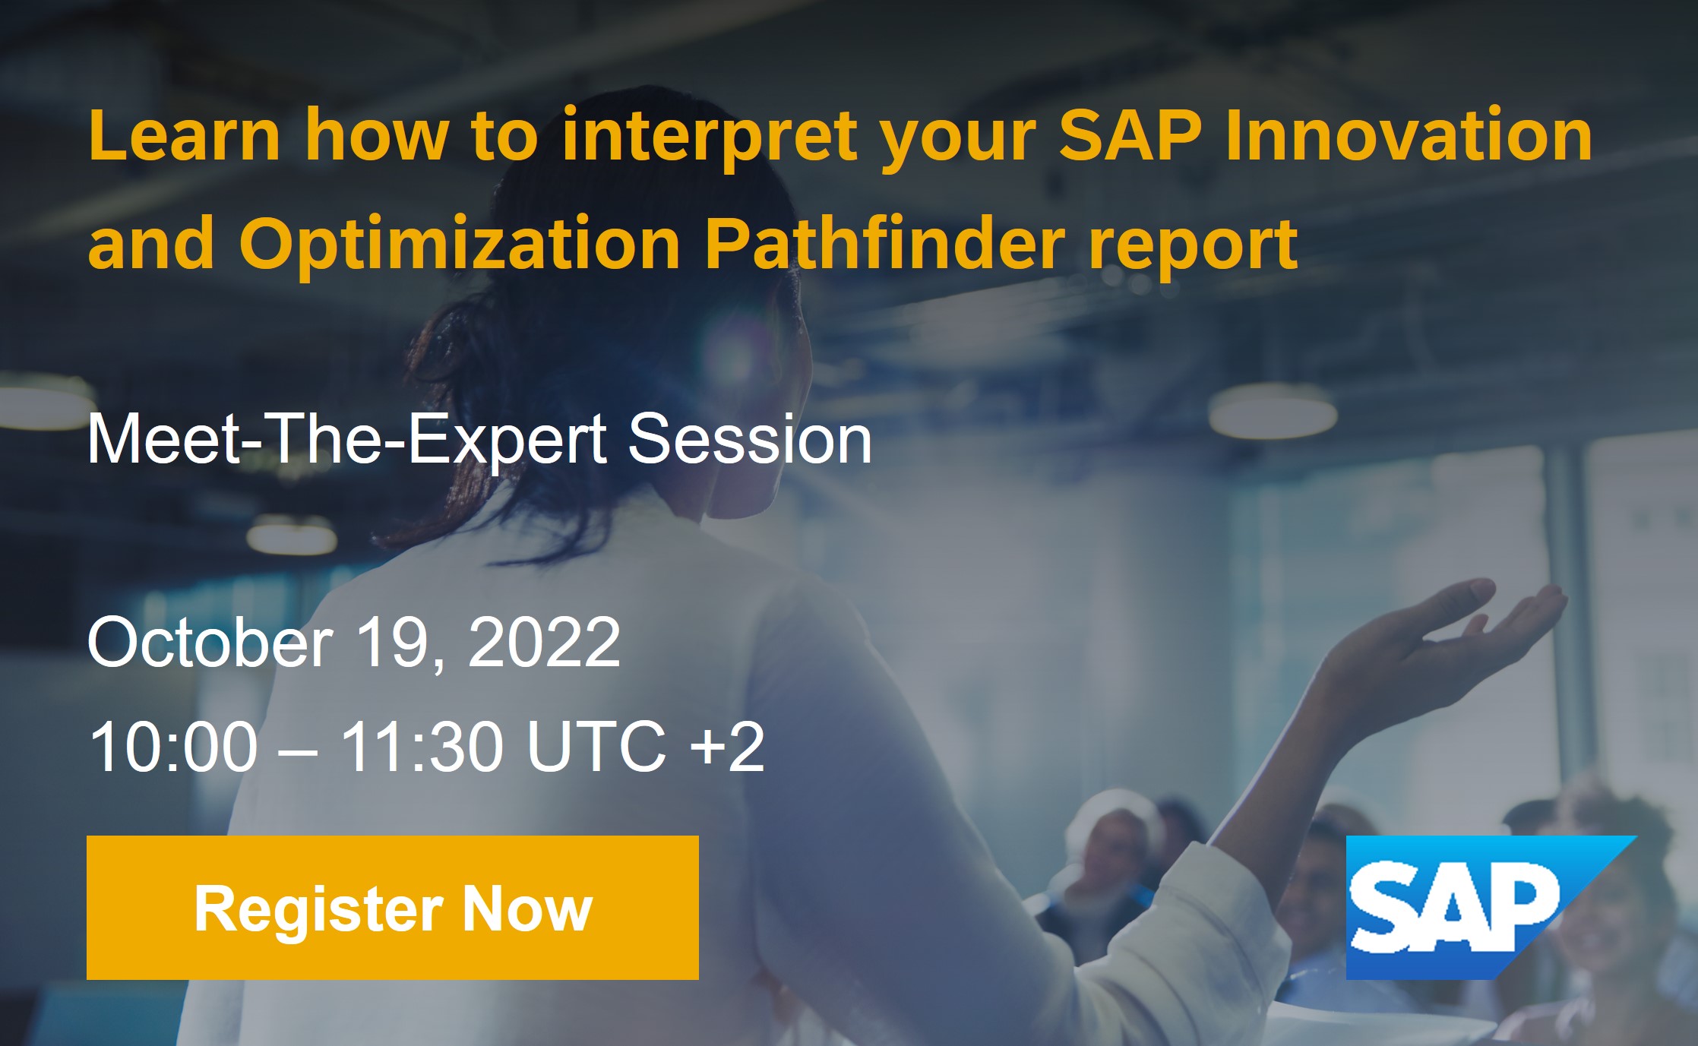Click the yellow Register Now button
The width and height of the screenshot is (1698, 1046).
[x=392, y=907]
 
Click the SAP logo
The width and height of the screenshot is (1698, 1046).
[x=1491, y=907]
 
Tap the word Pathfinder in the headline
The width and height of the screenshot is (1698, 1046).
[x=885, y=245]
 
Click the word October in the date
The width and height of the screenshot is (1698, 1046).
[x=210, y=642]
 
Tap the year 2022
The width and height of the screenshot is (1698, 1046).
[x=544, y=642]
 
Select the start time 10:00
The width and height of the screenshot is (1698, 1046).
[x=173, y=746]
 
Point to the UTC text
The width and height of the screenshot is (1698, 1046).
[x=596, y=746]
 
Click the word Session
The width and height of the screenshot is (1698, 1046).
[x=750, y=438]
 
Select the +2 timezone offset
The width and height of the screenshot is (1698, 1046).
[x=726, y=746]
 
